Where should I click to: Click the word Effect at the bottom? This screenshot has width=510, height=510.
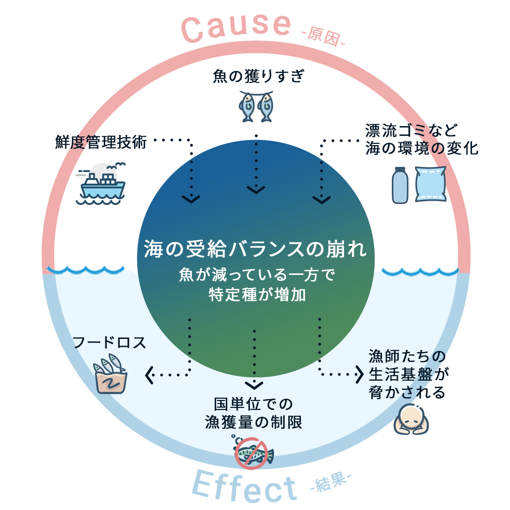click(244, 487)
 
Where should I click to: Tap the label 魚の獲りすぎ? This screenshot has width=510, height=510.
click(258, 76)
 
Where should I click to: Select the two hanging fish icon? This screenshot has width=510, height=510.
click(256, 106)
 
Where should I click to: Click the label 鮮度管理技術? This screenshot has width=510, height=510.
click(101, 142)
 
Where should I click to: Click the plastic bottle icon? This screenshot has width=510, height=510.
click(400, 185)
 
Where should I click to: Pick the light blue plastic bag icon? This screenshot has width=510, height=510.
click(430, 185)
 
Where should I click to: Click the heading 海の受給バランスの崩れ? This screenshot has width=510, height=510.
click(255, 249)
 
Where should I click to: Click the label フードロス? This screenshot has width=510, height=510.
click(109, 343)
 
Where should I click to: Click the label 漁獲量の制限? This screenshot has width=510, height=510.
click(254, 422)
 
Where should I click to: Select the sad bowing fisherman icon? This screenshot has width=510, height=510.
click(411, 419)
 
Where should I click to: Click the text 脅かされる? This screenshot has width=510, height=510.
click(407, 392)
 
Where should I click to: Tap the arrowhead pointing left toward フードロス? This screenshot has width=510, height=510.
click(149, 375)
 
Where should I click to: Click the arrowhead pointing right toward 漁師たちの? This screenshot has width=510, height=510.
click(359, 374)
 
